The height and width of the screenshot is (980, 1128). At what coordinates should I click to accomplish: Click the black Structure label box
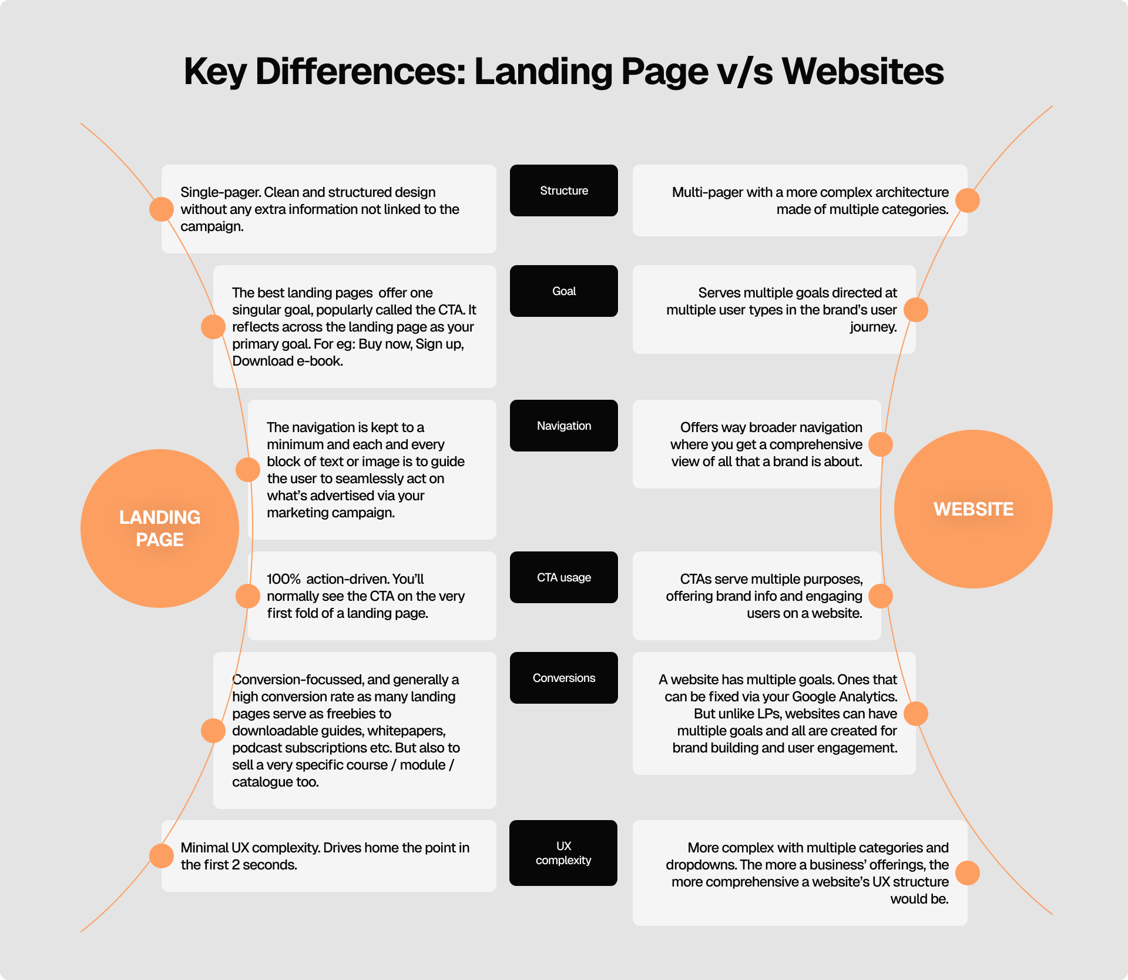click(563, 190)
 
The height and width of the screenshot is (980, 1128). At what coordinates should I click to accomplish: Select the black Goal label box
click(563, 291)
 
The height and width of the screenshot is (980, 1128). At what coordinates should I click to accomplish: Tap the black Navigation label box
click(563, 426)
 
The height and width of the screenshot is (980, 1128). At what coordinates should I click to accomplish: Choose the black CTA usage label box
click(563, 577)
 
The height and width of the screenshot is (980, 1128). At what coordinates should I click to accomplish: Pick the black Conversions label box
click(563, 678)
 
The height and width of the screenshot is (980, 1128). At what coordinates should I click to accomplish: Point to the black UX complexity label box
click(563, 853)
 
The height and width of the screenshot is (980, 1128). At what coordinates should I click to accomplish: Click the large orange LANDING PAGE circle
click(160, 529)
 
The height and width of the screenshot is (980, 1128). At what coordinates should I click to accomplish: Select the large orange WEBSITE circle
click(973, 509)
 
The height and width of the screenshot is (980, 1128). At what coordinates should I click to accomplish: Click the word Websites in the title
click(862, 72)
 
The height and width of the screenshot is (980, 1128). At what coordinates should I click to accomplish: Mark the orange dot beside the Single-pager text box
click(162, 209)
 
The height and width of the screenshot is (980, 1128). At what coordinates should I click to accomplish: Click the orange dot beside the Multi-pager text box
click(967, 200)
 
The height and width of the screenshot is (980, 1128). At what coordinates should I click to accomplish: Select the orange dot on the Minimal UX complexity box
click(162, 855)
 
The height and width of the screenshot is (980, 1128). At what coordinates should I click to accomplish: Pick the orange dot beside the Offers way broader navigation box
click(880, 444)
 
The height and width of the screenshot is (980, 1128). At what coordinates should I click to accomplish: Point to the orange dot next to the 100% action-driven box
click(248, 596)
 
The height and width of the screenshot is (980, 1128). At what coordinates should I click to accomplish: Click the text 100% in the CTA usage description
click(284, 579)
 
